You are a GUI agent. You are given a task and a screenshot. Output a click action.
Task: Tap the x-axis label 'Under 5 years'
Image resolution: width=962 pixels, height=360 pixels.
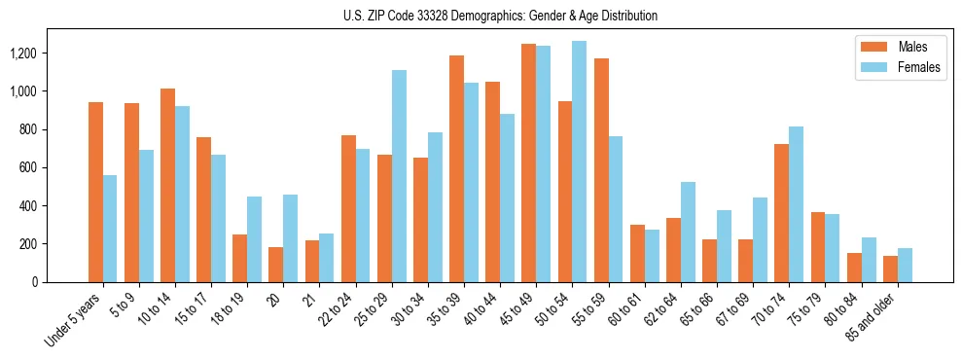(74, 320)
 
